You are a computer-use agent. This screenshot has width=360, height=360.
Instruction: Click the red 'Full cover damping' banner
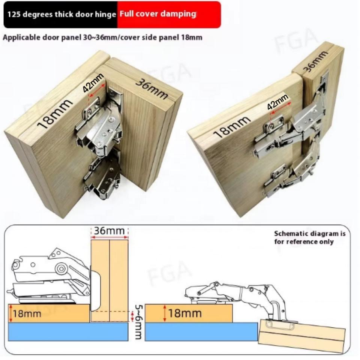click(169, 15)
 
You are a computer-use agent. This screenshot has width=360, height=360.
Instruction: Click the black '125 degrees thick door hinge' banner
click(61, 15)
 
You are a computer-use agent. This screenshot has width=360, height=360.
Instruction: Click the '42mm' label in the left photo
click(93, 83)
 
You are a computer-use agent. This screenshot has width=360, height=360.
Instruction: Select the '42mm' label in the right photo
click(277, 102)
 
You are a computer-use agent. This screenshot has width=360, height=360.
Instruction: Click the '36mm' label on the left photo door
click(151, 89)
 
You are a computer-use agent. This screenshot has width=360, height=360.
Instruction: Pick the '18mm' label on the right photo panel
click(232, 126)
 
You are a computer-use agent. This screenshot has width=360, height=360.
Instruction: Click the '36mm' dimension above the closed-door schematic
click(109, 231)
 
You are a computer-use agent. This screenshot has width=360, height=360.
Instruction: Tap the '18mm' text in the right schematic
click(185, 313)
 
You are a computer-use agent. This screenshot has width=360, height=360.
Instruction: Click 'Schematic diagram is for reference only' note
click(309, 238)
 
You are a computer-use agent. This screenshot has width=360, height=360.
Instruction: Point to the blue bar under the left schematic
click(68, 331)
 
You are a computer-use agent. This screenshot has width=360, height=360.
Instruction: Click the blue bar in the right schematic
click(201, 331)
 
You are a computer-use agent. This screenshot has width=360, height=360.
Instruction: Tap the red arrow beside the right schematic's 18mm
click(164, 313)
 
